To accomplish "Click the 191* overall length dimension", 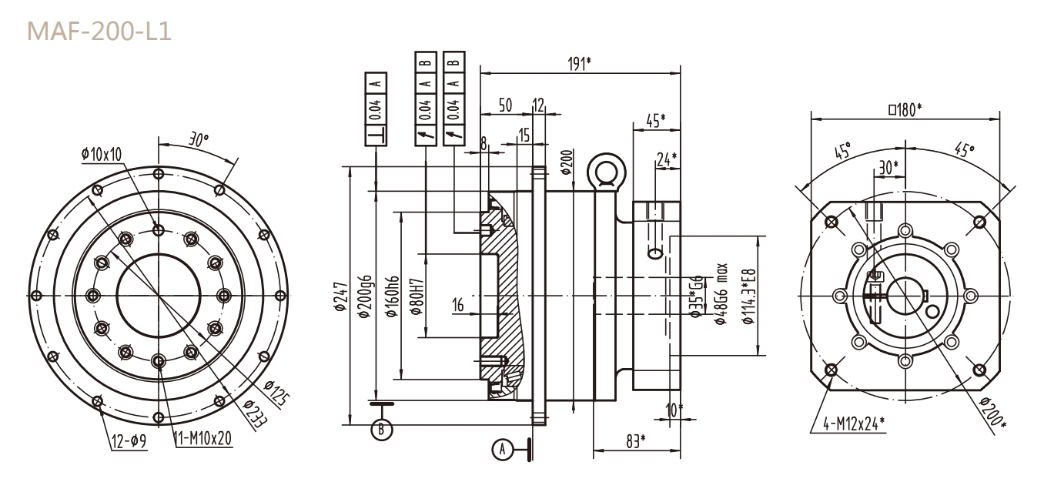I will coord(579,63).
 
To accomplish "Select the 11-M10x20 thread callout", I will coord(198,438).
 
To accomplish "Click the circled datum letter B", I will coord(380,429).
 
